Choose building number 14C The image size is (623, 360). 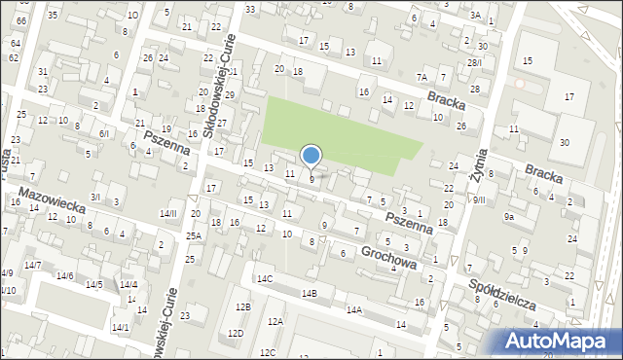point(264,278)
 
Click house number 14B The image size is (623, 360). point(309,293)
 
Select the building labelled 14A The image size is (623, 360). point(353,310)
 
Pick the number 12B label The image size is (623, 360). point(242,307)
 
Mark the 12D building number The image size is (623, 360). point(236,334)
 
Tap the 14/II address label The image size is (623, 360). point(168,213)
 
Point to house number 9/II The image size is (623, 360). point(478,200)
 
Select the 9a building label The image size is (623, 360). point(508,217)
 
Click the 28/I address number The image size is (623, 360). point(473,62)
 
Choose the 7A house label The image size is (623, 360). point(421,77)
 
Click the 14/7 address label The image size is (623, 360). point(32,266)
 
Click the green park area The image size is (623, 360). point(341,131)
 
